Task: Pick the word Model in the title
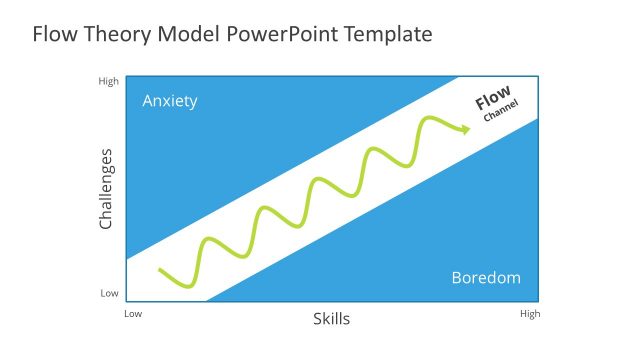coord(187,34)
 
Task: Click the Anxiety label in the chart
coord(170,101)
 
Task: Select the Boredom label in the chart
coord(486,278)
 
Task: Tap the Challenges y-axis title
coord(107,189)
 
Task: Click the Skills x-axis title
coord(332,319)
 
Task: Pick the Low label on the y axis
coord(109,294)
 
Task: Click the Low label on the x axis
coord(133,314)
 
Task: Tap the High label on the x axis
coord(530,314)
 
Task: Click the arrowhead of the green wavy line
coord(465,128)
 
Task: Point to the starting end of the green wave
coord(160,270)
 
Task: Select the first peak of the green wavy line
coord(210,239)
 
